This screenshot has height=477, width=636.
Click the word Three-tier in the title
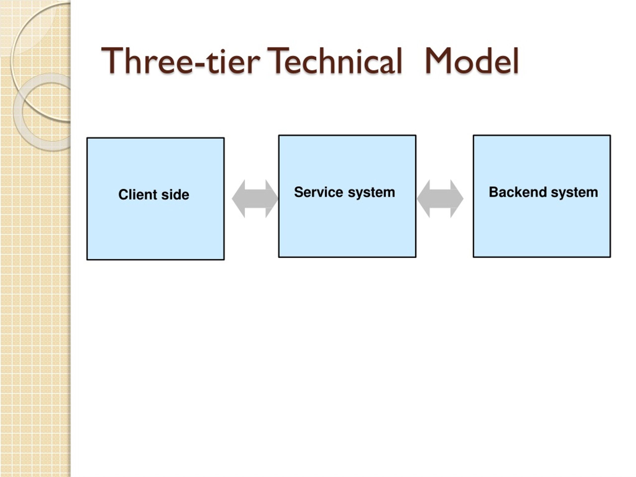[181, 61]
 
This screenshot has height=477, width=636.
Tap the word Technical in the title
[334, 61]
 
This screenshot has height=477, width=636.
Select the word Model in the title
[472, 61]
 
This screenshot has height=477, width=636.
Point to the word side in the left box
[175, 195]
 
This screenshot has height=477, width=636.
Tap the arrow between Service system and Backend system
[440, 199]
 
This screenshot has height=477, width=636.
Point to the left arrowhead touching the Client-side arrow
[238, 199]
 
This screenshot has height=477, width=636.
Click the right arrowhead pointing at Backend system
[457, 199]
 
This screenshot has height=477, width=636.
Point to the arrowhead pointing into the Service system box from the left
[272, 199]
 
